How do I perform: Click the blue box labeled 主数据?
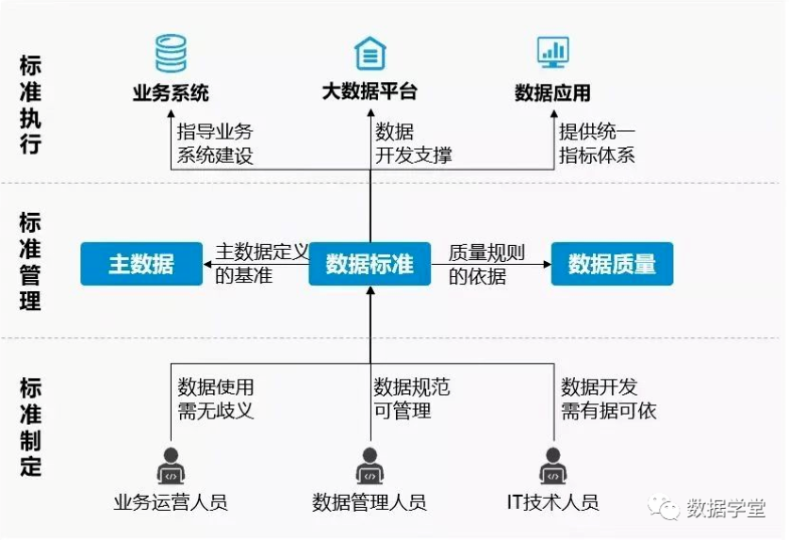point(141,264)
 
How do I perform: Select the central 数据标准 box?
point(370,264)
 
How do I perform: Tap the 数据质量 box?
point(612,264)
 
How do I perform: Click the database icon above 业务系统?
point(171,53)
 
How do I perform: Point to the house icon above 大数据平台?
point(370,53)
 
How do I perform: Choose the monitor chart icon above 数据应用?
point(553,52)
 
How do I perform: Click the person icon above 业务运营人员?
point(171,466)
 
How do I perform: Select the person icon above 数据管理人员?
point(370,466)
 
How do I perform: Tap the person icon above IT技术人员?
point(553,466)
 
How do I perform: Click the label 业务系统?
point(171,92)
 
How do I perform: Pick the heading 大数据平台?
point(370,91)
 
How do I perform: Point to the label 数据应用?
point(552,92)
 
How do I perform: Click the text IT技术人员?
point(552,501)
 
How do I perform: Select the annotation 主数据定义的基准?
point(262,263)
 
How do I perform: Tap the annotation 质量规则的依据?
point(486,264)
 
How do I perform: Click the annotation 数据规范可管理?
point(412,399)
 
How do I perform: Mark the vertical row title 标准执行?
point(30,105)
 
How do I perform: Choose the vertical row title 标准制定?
point(30,426)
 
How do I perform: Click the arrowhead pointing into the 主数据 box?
point(206,264)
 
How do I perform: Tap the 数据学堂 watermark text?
point(726,508)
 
